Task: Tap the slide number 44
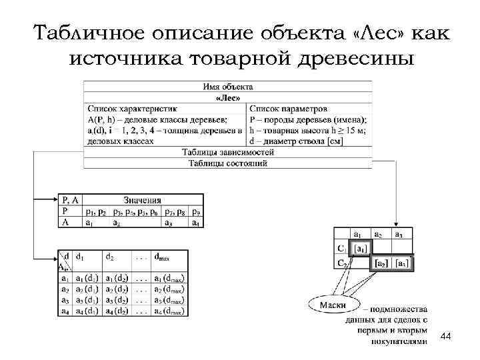pos(446,339)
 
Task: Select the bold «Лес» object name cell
pos(228,97)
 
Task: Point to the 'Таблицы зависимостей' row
pos(227,153)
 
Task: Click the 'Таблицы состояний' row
pos(227,163)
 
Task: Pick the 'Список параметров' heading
pos(288,108)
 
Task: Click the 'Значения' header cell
pos(141,200)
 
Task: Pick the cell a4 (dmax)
pos(169,311)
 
